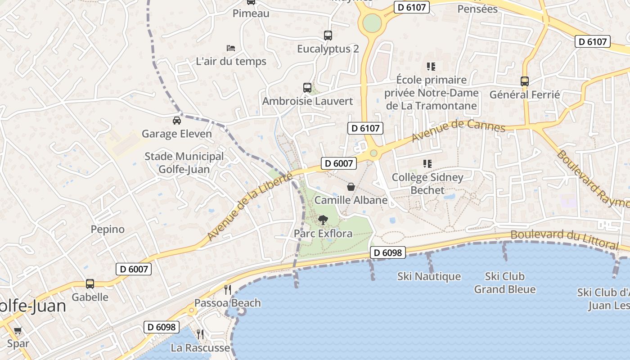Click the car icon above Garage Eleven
click(177, 120)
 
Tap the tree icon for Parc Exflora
click(323, 220)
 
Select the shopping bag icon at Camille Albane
click(351, 186)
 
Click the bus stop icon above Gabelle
click(90, 283)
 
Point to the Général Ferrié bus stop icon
click(525, 81)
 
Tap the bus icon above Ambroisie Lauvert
click(307, 87)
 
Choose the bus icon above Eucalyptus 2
click(328, 35)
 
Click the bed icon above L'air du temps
click(231, 48)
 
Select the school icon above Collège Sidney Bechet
click(427, 164)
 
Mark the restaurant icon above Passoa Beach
click(228, 289)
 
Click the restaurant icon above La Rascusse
click(200, 334)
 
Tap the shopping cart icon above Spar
click(18, 331)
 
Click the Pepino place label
click(108, 229)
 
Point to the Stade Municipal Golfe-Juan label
click(184, 162)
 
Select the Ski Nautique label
click(429, 276)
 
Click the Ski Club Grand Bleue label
click(504, 283)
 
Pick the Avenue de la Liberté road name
click(250, 206)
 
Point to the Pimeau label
click(251, 13)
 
